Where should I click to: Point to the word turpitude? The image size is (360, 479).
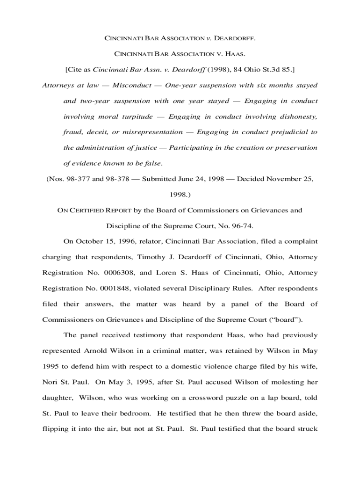[x=137, y=116]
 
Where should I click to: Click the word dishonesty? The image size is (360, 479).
[x=294, y=116]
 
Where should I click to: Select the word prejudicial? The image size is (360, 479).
[x=291, y=132]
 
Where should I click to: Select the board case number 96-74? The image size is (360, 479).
[x=242, y=226]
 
